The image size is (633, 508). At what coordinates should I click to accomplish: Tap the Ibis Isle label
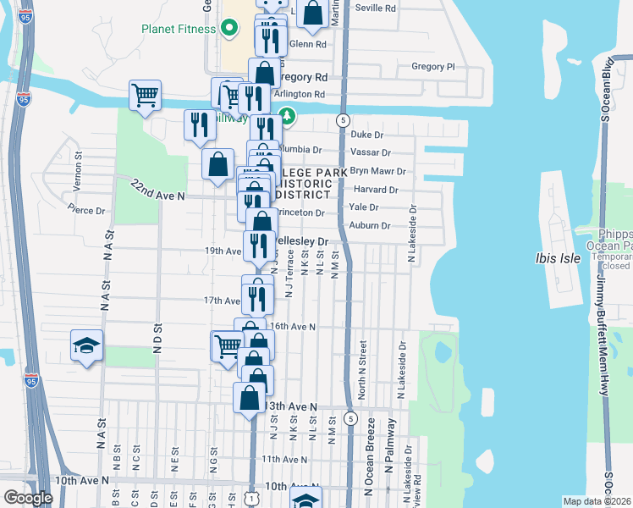(558, 258)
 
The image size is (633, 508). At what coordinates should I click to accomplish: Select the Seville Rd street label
(377, 8)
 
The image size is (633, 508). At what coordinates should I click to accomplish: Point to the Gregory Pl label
(432, 66)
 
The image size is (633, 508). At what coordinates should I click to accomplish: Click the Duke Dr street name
(367, 135)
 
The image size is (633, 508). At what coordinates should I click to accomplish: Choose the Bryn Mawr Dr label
(377, 171)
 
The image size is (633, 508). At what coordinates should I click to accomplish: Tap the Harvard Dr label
(373, 190)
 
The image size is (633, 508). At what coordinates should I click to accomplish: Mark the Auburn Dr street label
(370, 226)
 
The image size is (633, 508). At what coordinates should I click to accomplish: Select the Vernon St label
(78, 162)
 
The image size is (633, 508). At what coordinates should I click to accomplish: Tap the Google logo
(28, 498)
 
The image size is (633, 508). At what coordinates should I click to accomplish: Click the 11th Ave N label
(283, 459)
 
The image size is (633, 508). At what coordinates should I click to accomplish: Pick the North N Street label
(362, 369)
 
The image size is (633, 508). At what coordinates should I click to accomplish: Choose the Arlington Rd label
(300, 94)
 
